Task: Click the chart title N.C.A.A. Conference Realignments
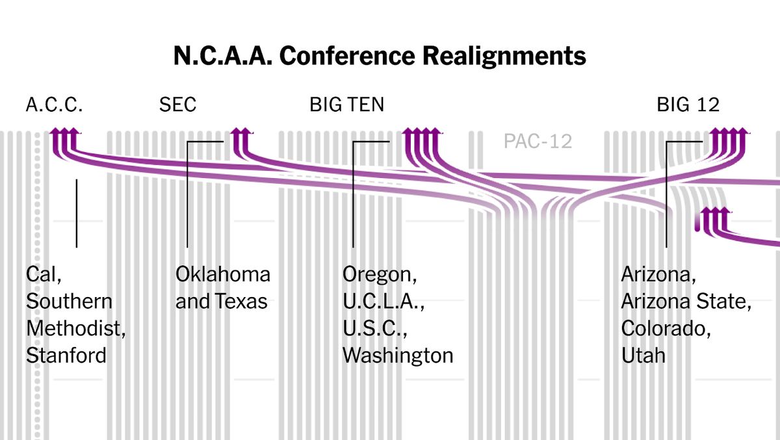[x=380, y=57]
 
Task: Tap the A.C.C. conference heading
[x=54, y=105]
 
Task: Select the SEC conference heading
[x=177, y=105]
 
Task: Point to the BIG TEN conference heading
[x=346, y=105]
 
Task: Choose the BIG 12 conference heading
[x=688, y=105]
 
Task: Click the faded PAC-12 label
[x=538, y=141]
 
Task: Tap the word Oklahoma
[x=223, y=274]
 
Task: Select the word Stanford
[x=66, y=356]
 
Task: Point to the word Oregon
[x=380, y=274]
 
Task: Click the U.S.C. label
[x=374, y=328]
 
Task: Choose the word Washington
[x=398, y=356]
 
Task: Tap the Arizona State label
[x=686, y=302]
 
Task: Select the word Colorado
[x=665, y=328]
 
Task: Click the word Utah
[x=643, y=356]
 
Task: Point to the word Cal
[x=44, y=274]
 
